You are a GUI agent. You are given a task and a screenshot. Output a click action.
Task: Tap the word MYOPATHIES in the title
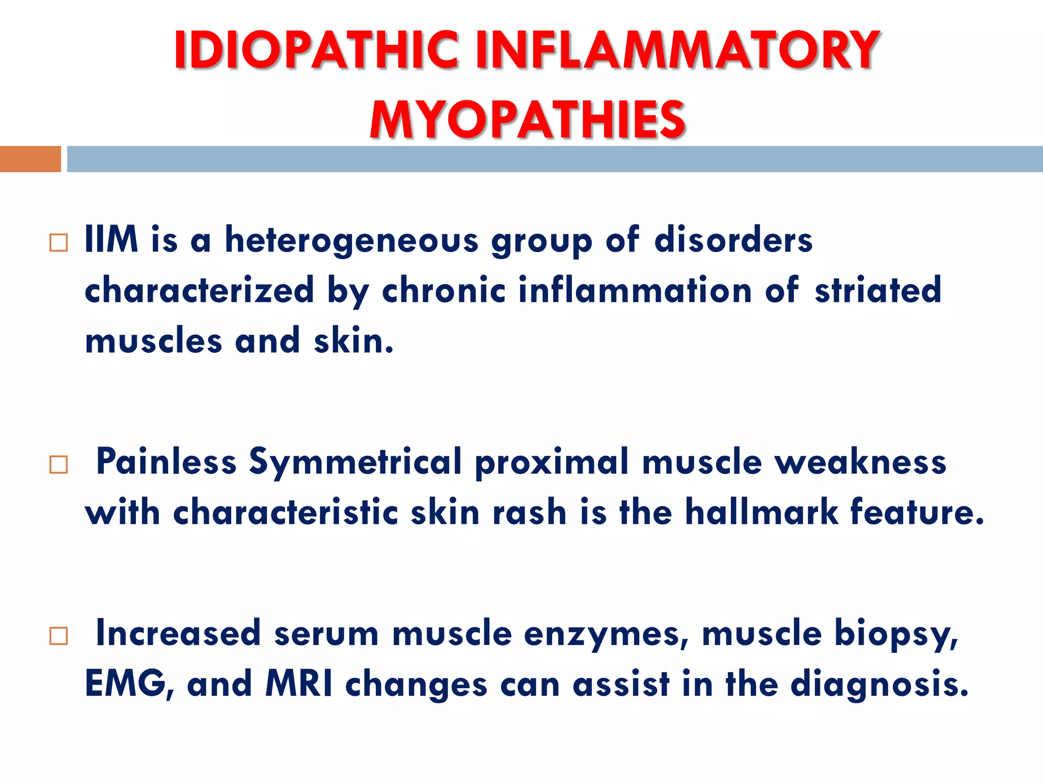click(x=528, y=120)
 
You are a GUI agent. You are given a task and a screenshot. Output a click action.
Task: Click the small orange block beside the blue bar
click(x=30, y=159)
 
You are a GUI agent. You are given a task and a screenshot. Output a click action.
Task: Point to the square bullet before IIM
click(x=59, y=243)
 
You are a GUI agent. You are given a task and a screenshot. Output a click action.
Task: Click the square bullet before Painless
click(x=59, y=464)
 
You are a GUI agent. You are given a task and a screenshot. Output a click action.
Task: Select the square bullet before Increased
click(x=59, y=636)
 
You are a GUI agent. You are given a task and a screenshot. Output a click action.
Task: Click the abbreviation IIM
click(x=111, y=239)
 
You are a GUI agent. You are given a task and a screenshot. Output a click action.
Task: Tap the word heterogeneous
click(x=351, y=240)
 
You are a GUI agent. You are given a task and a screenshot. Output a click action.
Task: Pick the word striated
click(x=877, y=290)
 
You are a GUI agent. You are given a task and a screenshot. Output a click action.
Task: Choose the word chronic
click(x=444, y=290)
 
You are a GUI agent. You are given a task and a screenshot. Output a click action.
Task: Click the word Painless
click(x=166, y=461)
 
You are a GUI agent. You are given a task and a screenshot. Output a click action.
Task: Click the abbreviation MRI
click(x=299, y=684)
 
